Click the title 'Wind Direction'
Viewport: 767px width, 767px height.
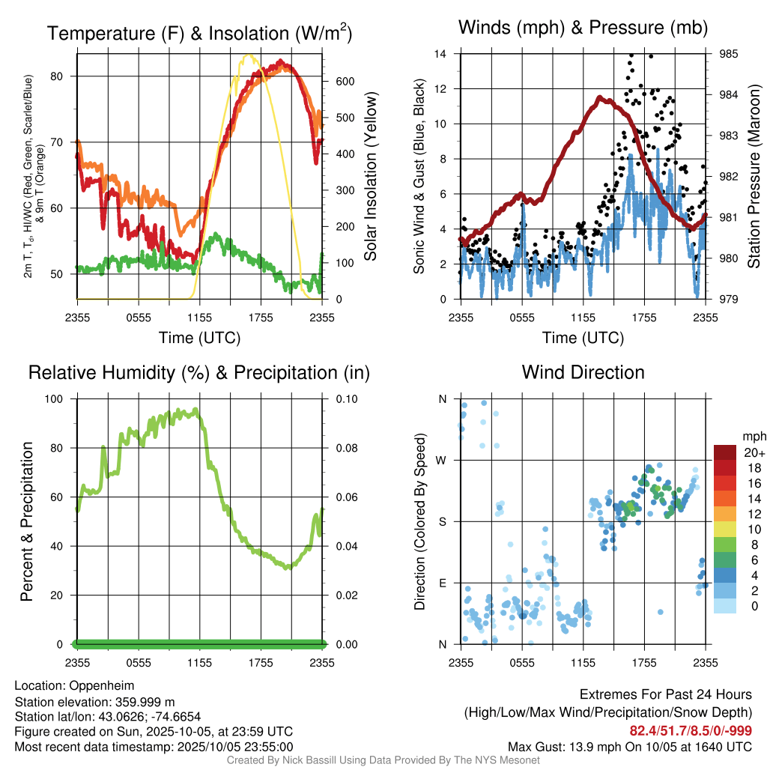point(583,372)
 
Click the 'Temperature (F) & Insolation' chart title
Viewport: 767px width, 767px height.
point(199,34)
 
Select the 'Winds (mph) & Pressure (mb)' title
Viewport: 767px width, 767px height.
point(583,28)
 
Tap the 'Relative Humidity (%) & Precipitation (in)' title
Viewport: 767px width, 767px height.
point(199,372)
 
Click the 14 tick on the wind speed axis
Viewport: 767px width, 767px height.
point(441,54)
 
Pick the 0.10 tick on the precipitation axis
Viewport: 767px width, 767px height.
point(345,399)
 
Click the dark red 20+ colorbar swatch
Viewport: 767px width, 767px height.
point(725,452)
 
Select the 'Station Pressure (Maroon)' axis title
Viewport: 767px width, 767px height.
point(754,176)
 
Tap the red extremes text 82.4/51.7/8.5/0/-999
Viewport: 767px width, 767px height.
point(691,730)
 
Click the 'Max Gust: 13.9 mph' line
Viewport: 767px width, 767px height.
point(630,746)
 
